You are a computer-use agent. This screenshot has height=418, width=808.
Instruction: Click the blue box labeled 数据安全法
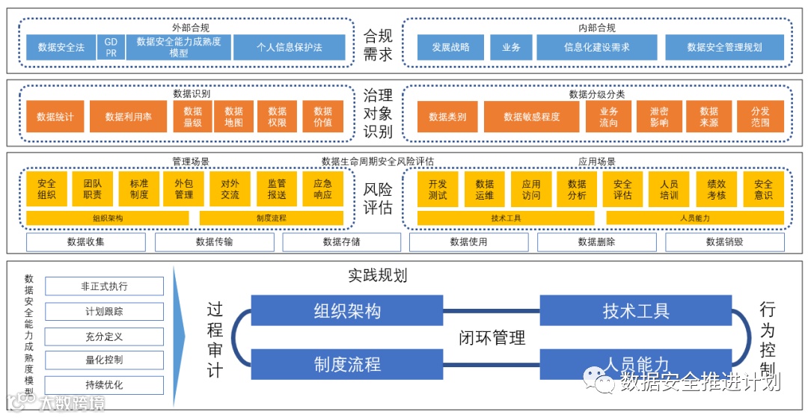coord(61,48)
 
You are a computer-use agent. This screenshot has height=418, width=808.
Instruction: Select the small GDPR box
coord(111,48)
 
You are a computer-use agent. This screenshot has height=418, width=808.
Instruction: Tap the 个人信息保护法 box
coord(289,48)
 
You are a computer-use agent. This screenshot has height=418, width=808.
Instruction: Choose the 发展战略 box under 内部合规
coord(450,48)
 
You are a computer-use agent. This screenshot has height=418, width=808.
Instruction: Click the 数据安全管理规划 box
coord(724,48)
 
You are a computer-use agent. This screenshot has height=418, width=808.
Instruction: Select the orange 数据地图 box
coord(233,117)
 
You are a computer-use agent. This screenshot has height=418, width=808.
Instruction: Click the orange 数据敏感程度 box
coord(531,117)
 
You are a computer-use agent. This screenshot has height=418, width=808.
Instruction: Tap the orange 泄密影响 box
coord(659,117)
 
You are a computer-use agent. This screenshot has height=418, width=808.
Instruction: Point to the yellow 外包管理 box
coord(184,189)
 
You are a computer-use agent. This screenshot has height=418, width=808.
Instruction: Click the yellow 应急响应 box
coord(323,189)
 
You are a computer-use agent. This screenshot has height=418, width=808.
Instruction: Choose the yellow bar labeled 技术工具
coord(506,218)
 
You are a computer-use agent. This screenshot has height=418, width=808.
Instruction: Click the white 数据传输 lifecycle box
coord(214,242)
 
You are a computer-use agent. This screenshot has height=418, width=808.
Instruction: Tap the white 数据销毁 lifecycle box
coord(724,242)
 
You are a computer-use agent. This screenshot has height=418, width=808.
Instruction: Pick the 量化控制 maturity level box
coord(104,360)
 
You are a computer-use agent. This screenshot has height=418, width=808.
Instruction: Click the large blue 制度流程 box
coord(347,364)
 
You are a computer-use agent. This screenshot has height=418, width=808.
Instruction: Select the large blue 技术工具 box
coord(636,311)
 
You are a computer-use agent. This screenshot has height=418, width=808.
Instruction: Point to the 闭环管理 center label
coord(492,337)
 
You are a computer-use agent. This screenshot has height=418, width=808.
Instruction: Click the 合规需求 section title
coord(378,45)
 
